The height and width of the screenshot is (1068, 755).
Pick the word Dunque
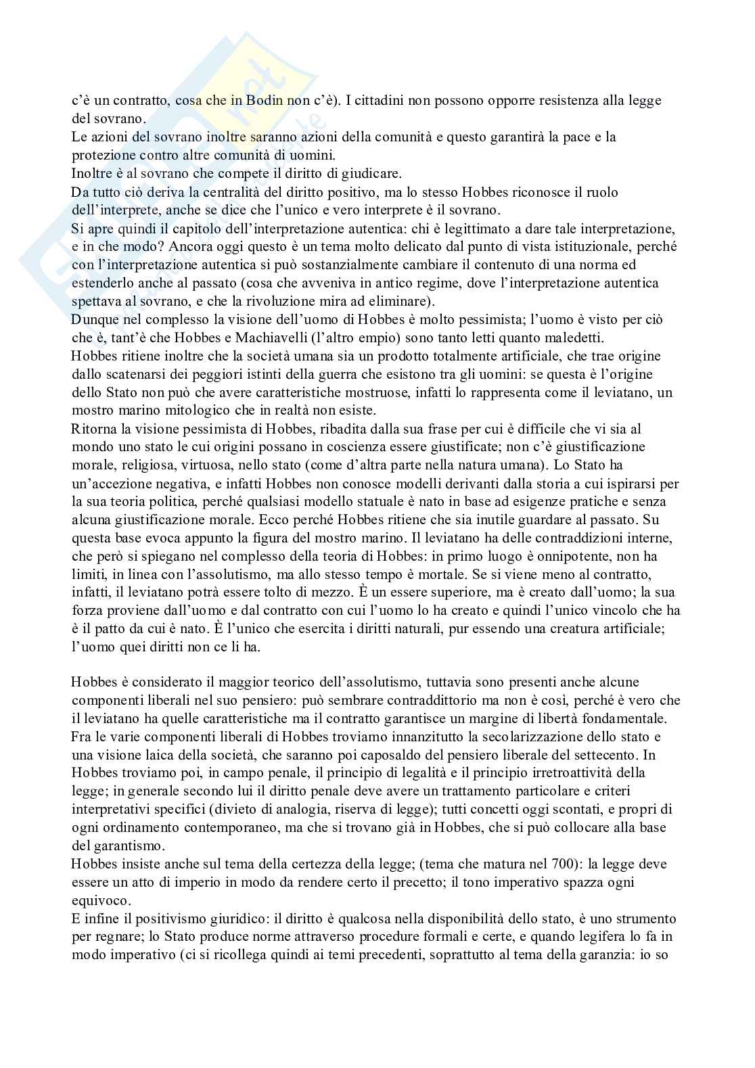93,319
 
